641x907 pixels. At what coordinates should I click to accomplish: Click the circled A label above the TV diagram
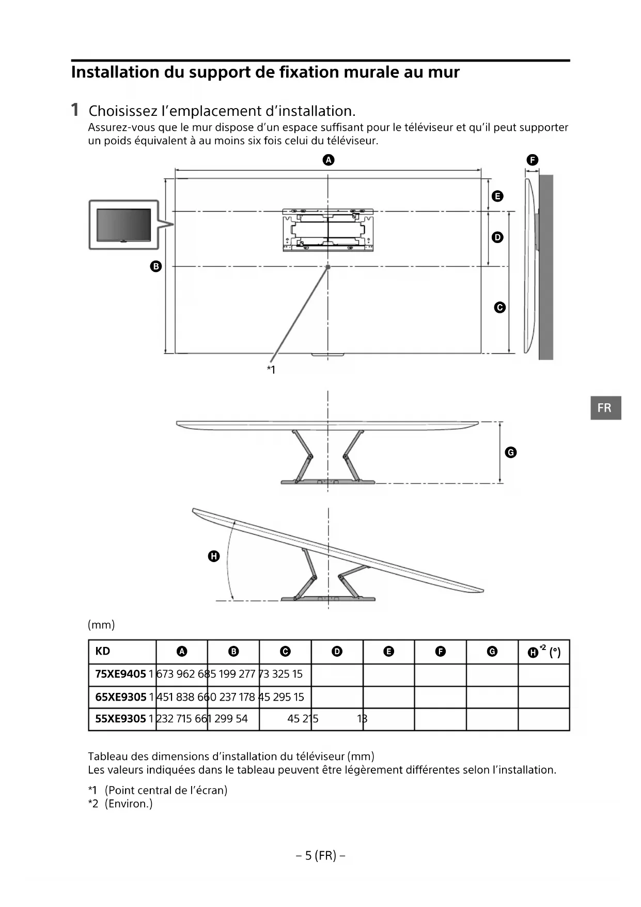click(329, 160)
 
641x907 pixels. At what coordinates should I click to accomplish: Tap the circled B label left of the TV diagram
click(155, 266)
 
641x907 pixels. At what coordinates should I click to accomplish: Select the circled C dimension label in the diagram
click(499, 307)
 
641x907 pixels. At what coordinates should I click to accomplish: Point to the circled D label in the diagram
click(497, 237)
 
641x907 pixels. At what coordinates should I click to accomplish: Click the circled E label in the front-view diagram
click(497, 196)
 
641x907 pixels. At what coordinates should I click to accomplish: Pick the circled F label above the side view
click(532, 160)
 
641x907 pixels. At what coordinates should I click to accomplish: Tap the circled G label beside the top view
click(510, 452)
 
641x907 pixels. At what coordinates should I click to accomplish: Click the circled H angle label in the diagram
click(214, 556)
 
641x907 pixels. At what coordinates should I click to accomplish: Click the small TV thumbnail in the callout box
click(124, 225)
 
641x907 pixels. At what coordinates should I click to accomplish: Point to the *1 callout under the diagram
click(271, 369)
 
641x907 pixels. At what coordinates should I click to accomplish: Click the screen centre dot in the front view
click(328, 267)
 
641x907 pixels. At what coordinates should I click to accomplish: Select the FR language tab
click(605, 408)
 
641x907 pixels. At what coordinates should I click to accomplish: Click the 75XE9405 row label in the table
click(120, 674)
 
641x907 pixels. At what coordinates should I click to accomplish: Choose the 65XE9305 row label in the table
click(120, 697)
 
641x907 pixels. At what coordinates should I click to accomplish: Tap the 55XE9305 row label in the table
click(120, 719)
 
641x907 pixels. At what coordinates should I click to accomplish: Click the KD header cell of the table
click(103, 651)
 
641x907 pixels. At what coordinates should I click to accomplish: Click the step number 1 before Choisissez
click(75, 110)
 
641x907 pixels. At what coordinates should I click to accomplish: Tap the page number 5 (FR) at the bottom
click(320, 856)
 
